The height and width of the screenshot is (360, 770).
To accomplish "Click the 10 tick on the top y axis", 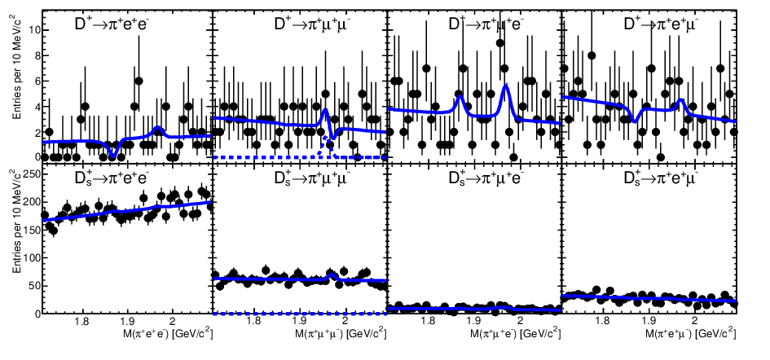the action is (33, 30).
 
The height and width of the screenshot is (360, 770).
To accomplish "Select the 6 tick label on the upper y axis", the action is (35, 81).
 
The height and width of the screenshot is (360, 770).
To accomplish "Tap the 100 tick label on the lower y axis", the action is (30, 257).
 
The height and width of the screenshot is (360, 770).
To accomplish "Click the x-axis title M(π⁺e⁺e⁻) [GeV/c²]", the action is (166, 334).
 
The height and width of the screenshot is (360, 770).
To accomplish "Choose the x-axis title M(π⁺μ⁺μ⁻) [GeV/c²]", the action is (340, 334).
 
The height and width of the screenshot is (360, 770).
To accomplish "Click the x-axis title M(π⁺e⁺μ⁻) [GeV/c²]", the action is (690, 334).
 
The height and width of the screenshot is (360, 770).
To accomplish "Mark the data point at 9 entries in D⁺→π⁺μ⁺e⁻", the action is (500, 42).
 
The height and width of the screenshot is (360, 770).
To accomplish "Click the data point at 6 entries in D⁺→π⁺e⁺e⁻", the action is (139, 81).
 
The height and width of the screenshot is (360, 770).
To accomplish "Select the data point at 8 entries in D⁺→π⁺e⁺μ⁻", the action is (592, 55).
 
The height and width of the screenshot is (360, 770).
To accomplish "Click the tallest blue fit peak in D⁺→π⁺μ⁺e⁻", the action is (506, 86).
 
